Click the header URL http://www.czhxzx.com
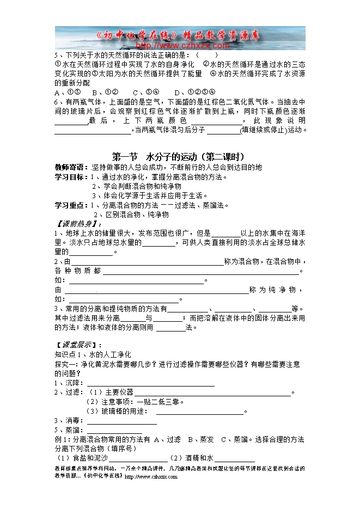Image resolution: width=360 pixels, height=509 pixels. [180, 46]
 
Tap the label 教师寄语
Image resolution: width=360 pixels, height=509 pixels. [70, 167]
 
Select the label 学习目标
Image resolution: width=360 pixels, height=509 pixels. [70, 177]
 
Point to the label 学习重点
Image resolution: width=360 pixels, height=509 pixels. [70, 205]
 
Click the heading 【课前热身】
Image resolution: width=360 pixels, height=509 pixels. [80, 224]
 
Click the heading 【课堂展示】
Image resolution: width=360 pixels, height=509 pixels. [80, 345]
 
